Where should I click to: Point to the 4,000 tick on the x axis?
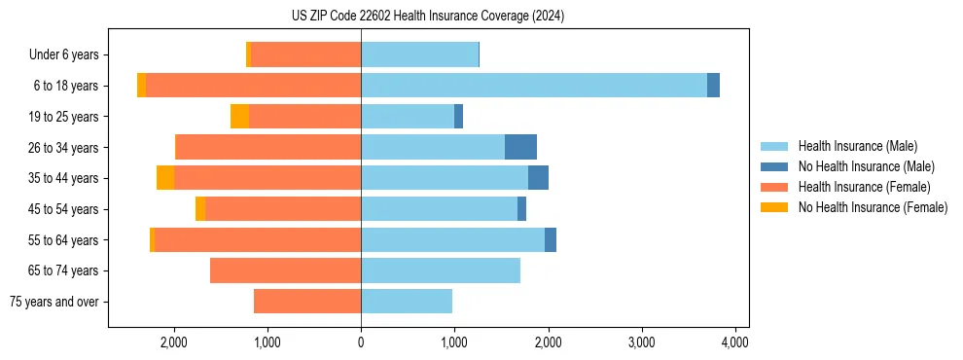[734, 342]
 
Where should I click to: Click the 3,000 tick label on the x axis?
[641, 342]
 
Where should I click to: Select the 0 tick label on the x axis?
[361, 342]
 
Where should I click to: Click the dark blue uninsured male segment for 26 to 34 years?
[520, 147]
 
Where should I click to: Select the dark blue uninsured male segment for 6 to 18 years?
[713, 86]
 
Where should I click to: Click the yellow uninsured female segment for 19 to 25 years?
[239, 117]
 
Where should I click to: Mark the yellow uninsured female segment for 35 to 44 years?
[165, 178]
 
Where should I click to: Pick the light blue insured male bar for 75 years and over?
[407, 302]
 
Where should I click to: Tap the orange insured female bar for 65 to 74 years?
[285, 270]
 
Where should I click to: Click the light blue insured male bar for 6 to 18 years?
[533, 86]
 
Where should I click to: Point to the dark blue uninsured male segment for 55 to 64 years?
[551, 239]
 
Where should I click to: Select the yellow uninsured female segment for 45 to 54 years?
[200, 209]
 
